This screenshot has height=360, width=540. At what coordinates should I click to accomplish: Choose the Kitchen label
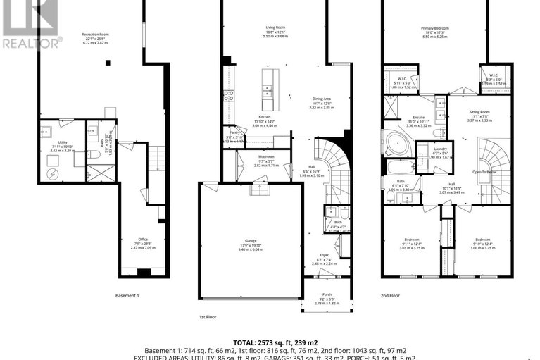pyautogui.click(x=265, y=116)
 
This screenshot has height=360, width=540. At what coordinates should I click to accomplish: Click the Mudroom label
pyautogui.click(x=265, y=156)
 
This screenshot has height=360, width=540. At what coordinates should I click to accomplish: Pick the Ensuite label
pyautogui.click(x=419, y=118)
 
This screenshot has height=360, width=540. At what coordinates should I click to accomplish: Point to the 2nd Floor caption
pyautogui.click(x=389, y=295)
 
